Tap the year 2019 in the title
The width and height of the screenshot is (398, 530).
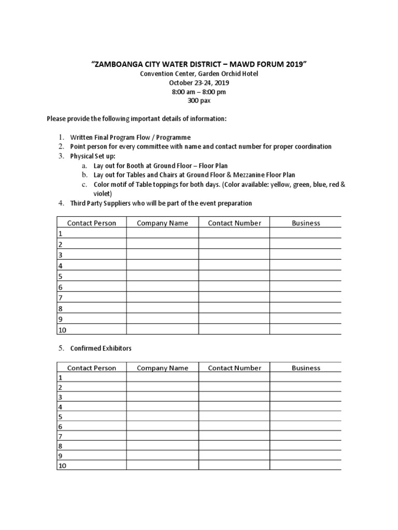click(294, 64)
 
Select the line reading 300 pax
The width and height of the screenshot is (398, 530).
click(198, 100)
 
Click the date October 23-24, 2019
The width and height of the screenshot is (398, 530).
click(199, 82)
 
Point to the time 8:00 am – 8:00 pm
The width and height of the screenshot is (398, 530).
click(199, 92)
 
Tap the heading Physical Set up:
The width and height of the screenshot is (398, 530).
click(93, 156)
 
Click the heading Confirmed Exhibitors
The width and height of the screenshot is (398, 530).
click(101, 348)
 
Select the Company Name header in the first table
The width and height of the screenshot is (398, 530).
click(162, 223)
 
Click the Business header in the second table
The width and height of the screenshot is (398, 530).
click(306, 368)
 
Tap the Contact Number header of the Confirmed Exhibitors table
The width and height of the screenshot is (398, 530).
click(234, 368)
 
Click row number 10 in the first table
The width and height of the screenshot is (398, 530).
click(62, 330)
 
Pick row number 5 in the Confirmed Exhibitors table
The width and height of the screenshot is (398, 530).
click(61, 417)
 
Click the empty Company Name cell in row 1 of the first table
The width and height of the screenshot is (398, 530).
click(162, 233)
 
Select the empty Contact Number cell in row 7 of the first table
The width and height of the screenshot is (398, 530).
click(234, 298)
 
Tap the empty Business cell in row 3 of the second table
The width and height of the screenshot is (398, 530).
click(306, 397)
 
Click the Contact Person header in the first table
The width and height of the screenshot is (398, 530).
click(92, 223)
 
